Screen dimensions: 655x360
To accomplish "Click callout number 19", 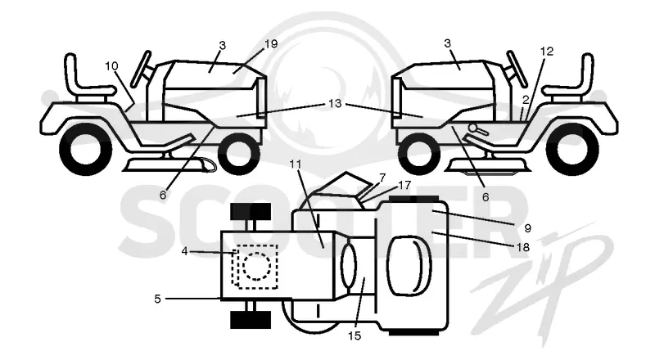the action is (271, 44).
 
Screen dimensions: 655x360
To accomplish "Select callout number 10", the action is (111, 66).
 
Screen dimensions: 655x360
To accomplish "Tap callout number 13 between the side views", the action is (335, 103).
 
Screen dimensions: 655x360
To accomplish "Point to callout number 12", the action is (546, 52).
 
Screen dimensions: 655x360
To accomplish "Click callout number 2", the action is (526, 99).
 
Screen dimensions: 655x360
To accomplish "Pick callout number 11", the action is (296, 164).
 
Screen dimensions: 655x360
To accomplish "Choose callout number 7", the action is (382, 178).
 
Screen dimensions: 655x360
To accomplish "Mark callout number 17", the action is (404, 185).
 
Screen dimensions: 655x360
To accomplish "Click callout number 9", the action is (527, 228).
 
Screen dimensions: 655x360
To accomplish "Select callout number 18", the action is (523, 247).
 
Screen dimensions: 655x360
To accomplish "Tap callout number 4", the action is (185, 251).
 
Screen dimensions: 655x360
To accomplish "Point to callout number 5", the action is (157, 299).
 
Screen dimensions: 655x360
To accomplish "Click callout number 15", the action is (355, 335).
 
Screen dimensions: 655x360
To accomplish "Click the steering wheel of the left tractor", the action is (141, 69).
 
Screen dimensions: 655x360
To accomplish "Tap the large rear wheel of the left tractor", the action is (86, 149).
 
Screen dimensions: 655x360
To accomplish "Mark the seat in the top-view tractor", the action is (409, 266).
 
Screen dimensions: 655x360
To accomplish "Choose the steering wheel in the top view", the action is (349, 266).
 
